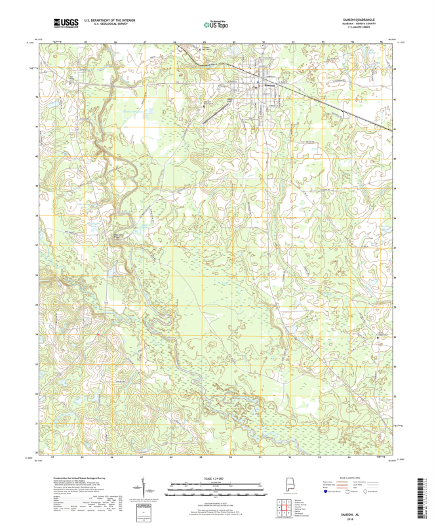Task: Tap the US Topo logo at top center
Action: [216, 24]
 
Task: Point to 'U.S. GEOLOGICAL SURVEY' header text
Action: [109, 24]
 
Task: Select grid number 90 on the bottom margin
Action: [231, 457]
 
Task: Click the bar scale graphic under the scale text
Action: [216, 488]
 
